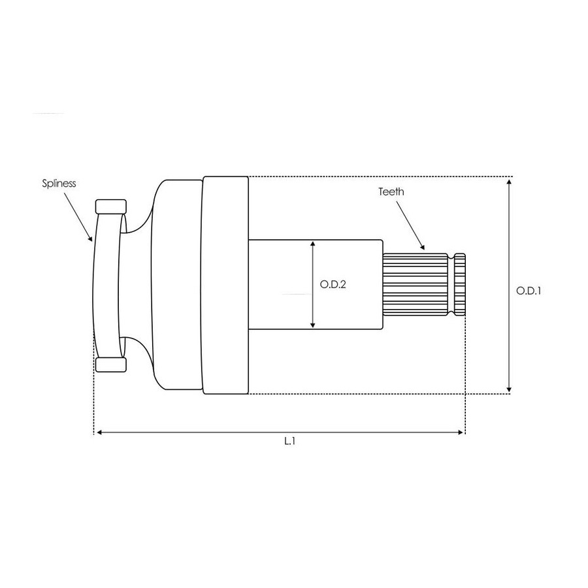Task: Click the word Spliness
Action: coord(59,184)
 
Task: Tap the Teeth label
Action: coord(391,191)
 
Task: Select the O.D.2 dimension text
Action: coord(333,285)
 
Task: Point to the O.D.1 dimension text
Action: coord(529,291)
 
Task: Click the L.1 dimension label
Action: coord(289,441)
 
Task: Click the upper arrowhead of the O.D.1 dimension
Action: coord(509,182)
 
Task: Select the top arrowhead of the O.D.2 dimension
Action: coord(313,245)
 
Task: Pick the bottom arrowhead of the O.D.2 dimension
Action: coord(313,324)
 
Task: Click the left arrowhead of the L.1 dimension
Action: coord(100,433)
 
